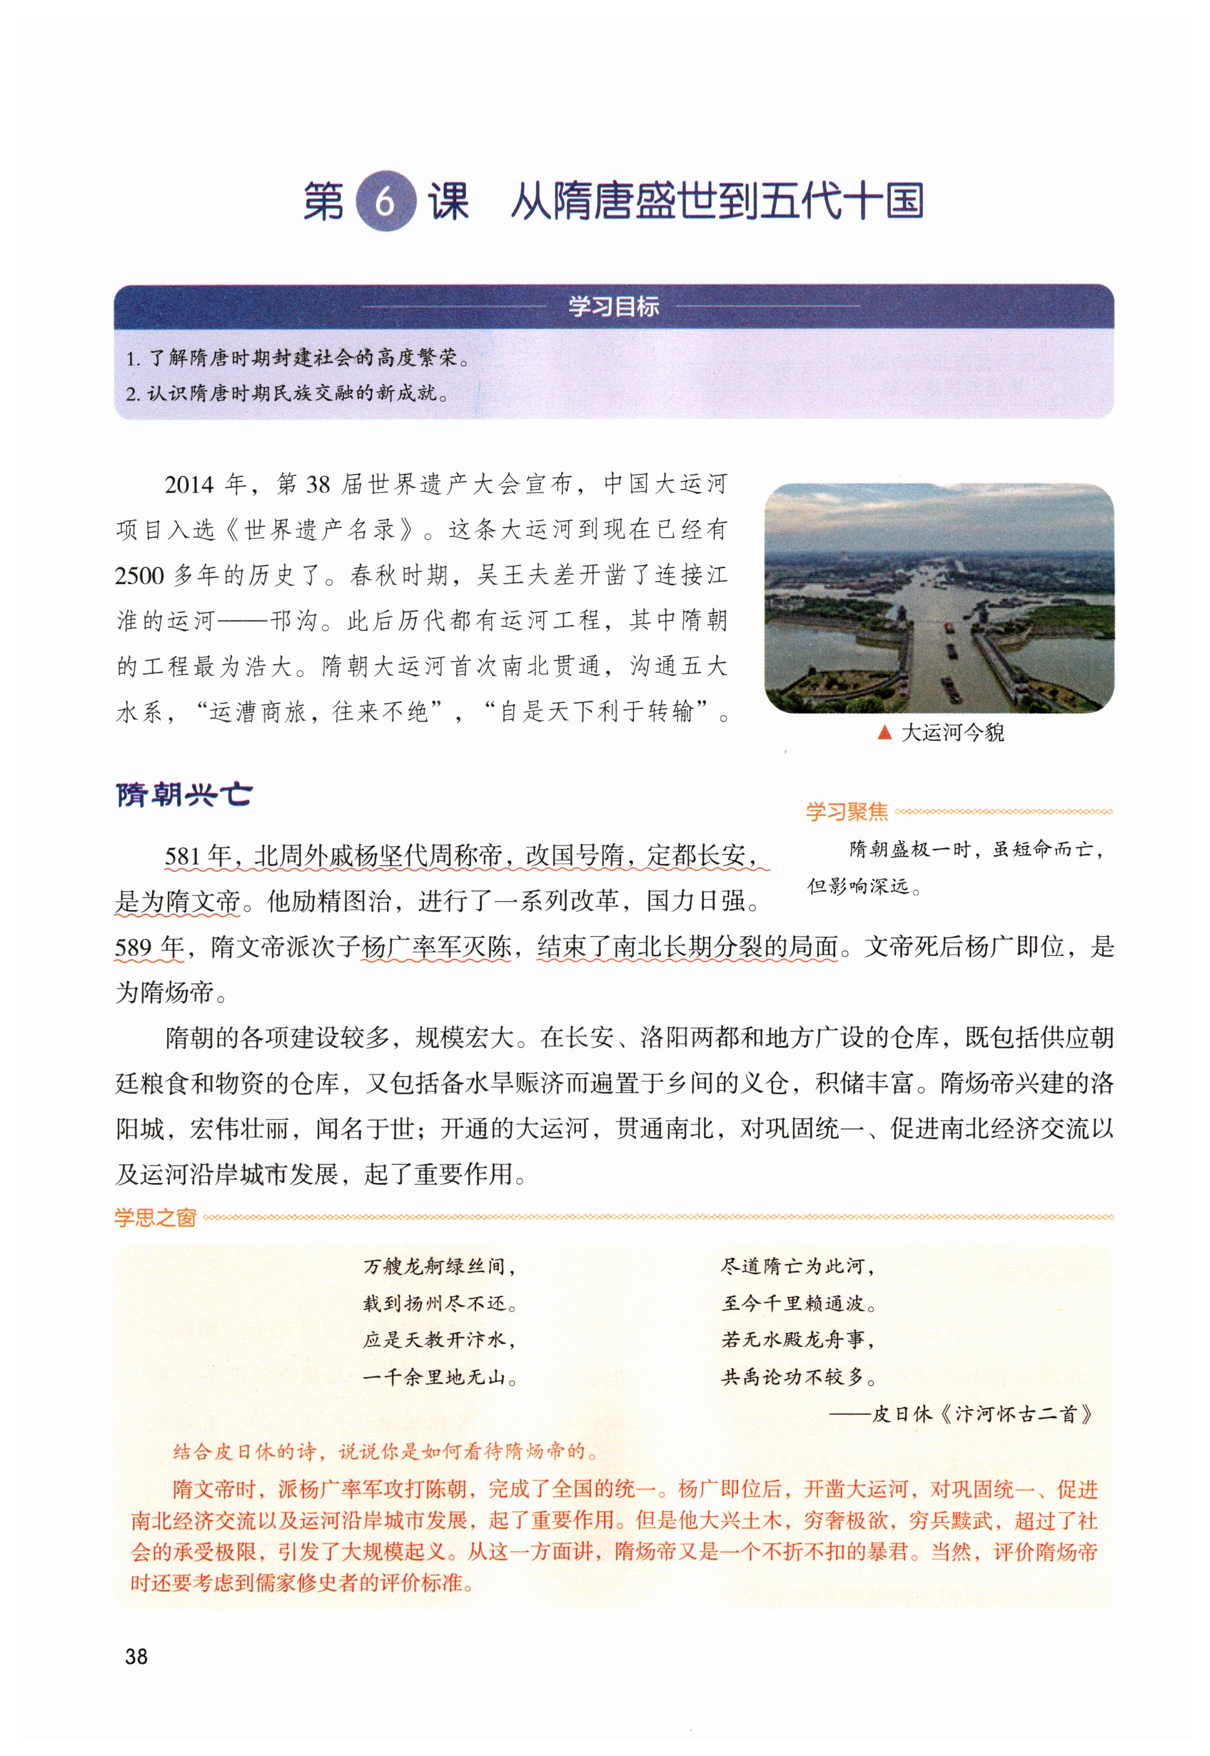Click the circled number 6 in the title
click(385, 201)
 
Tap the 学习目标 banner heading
click(613, 306)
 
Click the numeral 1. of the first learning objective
click(133, 359)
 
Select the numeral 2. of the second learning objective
click(133, 394)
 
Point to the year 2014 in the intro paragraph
click(190, 485)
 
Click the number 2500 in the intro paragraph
click(140, 576)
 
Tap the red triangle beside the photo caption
click(883, 733)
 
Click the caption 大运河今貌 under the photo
click(953, 733)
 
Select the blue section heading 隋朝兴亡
click(185, 794)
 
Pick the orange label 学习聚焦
click(846, 812)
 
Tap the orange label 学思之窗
click(155, 1218)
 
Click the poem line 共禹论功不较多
click(797, 1377)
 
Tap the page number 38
click(137, 1657)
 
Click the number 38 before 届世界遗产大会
click(318, 485)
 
